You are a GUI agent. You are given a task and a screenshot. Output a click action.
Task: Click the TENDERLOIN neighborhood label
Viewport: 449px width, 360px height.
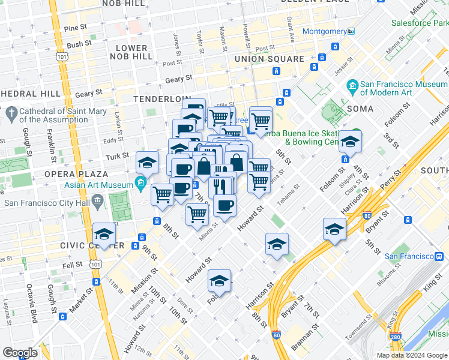[161, 98]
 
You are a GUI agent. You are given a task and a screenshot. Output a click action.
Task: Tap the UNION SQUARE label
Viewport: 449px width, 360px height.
[270, 59]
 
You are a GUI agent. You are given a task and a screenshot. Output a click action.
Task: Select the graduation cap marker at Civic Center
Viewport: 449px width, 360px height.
[104, 234]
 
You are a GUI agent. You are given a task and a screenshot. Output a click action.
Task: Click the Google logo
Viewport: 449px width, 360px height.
[20, 353]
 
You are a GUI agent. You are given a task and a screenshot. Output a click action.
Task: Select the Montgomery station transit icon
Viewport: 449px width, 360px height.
[351, 31]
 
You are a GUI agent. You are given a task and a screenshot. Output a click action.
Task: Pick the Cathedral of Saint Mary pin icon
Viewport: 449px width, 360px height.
[11, 112]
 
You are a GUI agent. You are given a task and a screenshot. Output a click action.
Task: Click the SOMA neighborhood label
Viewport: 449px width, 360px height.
[360, 109]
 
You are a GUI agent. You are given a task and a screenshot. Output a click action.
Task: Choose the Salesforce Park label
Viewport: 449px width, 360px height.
[421, 23]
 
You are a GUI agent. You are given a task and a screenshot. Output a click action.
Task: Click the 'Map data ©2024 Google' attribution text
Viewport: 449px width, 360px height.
[411, 355]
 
